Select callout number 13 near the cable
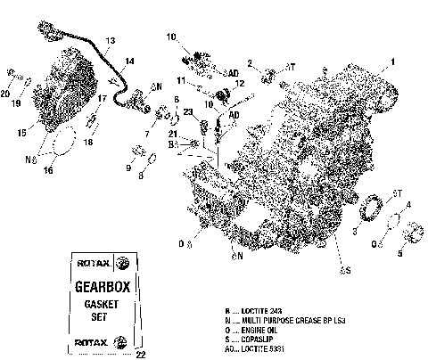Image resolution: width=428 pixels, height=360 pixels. (110, 42)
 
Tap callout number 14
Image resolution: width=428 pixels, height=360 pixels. (130, 61)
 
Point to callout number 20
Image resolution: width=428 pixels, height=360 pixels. (5, 93)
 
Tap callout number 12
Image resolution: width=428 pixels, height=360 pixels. (239, 83)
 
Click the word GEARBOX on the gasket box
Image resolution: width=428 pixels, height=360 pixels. (103, 290)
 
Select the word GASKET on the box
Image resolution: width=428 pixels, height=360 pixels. (103, 305)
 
